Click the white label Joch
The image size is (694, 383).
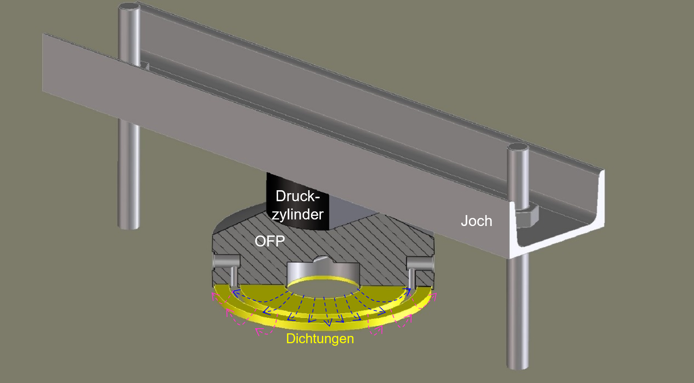pos(476,221)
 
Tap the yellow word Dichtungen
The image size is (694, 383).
pos(320,338)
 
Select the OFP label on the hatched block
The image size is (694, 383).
pos(270,241)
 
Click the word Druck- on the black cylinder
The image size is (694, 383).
pos(297,196)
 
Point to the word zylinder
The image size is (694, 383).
pos(297,214)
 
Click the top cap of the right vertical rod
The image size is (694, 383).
pos(517,148)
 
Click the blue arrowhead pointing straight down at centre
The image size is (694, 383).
pos(328,323)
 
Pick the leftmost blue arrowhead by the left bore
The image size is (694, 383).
pos(236,292)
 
